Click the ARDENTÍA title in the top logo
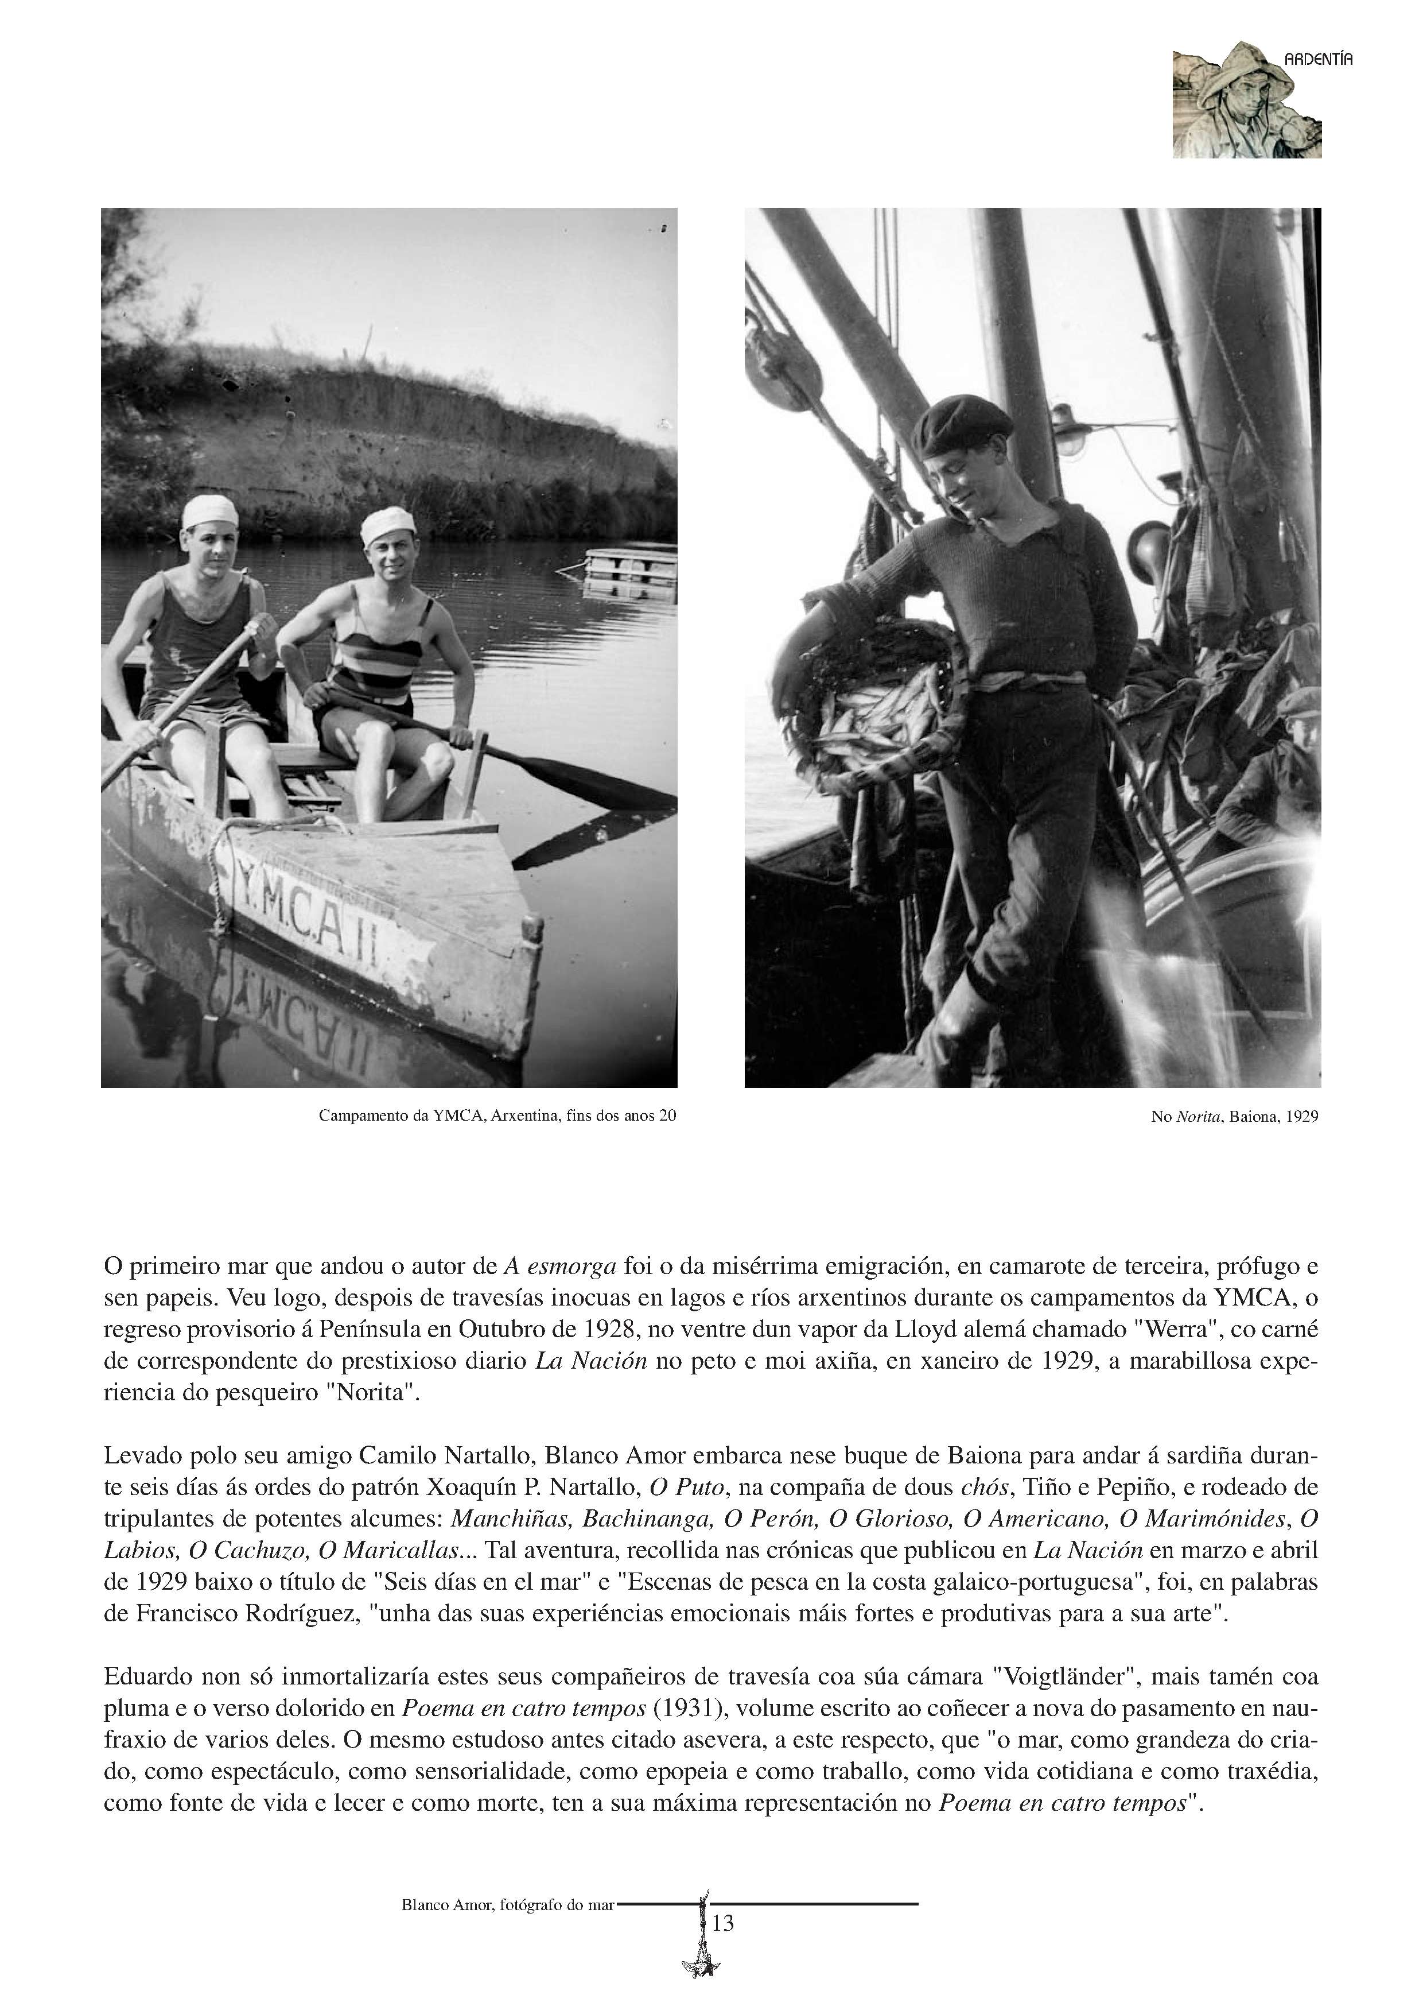point(1318,60)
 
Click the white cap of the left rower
point(209,510)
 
